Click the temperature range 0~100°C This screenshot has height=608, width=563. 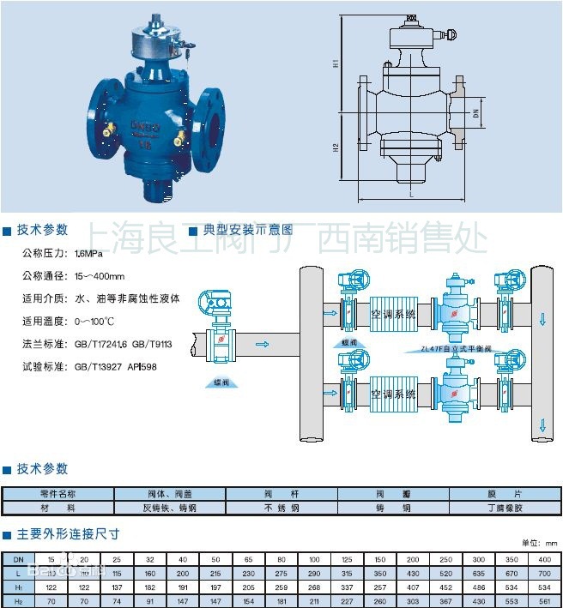coord(94,321)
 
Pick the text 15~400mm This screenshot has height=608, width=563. coord(100,276)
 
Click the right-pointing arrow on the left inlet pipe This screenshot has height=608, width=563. coord(263,345)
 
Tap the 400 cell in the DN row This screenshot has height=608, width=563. coord(544,559)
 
